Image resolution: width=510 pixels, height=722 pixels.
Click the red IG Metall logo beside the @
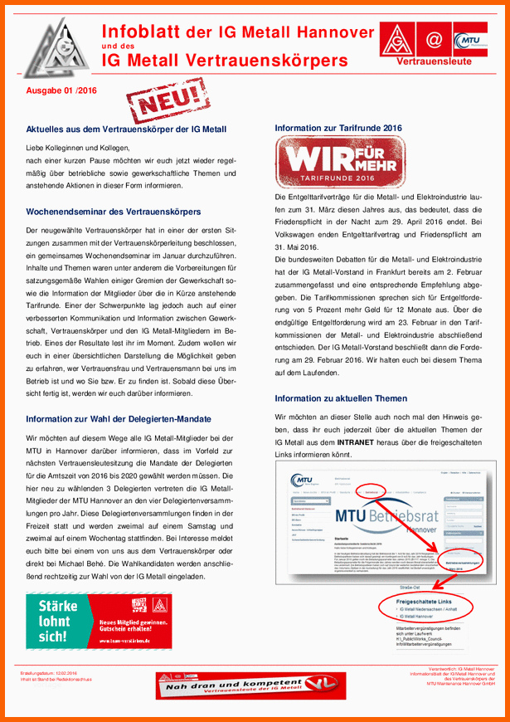(398, 40)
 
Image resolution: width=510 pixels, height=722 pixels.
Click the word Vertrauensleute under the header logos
(434, 61)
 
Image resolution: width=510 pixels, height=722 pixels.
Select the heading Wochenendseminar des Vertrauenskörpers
(113, 212)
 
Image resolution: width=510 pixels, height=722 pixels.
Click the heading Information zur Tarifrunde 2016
(338, 128)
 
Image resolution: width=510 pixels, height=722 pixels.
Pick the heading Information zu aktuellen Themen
(341, 398)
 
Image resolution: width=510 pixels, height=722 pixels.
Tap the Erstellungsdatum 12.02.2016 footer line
(49, 673)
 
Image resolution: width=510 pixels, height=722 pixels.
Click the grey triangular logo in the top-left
(51, 49)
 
